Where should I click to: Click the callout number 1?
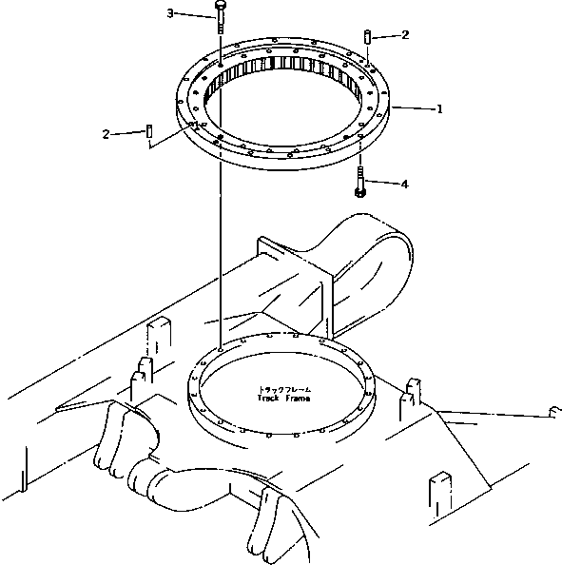pyautogui.click(x=439, y=109)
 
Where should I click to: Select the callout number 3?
pyautogui.click(x=170, y=13)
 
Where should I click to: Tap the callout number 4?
pyautogui.click(x=404, y=184)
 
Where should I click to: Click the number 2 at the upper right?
pyautogui.click(x=405, y=35)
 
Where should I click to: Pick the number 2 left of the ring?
pyautogui.click(x=106, y=134)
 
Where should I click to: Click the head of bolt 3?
pyautogui.click(x=220, y=8)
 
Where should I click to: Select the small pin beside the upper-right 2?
pyautogui.click(x=367, y=36)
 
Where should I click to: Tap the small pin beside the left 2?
pyautogui.click(x=150, y=129)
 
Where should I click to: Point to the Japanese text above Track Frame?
pyautogui.click(x=283, y=390)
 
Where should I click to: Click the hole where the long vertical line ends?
pyautogui.click(x=221, y=348)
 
